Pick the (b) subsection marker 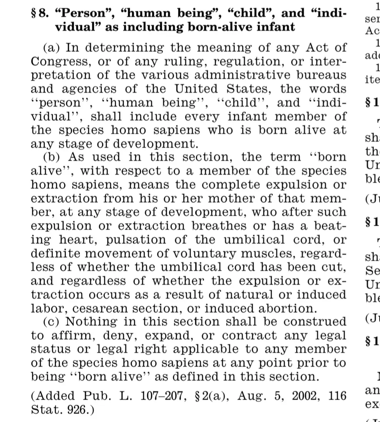(x=51, y=157)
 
